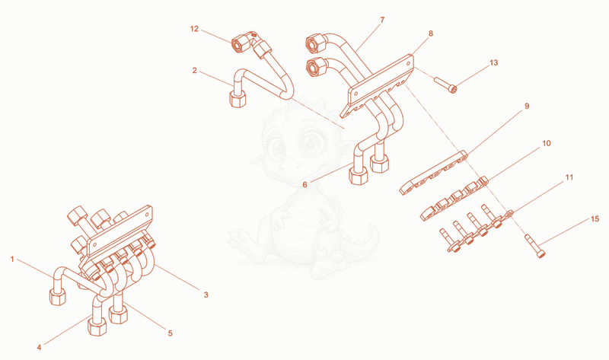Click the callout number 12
194,29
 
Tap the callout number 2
195,70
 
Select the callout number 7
382,20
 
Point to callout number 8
431,33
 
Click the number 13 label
493,62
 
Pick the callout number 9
527,106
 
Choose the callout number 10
547,143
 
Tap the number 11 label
569,177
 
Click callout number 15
595,219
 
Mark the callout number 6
305,185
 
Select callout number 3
206,295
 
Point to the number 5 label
170,333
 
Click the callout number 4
39,347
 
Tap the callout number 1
12,259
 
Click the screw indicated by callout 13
445,85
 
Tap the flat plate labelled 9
433,173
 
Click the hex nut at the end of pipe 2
238,99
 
